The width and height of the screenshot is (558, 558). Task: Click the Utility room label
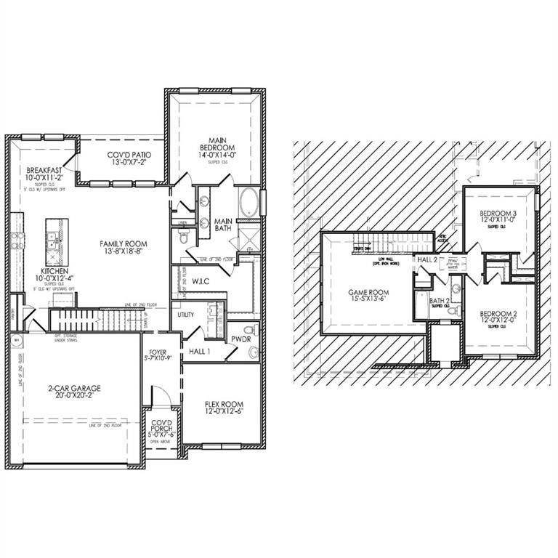[185, 315]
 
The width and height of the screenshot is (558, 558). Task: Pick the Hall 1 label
[200, 351]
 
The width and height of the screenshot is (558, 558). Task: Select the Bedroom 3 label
[498, 216]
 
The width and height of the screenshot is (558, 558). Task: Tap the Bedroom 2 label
[498, 318]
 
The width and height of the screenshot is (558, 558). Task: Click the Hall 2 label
[426, 259]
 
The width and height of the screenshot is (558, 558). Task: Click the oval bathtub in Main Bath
[247, 201]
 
